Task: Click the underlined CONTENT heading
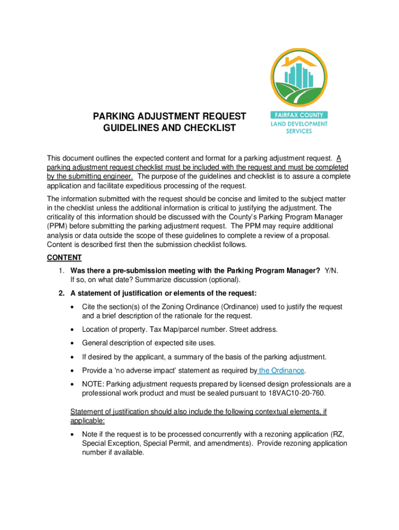64,257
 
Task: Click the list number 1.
61,271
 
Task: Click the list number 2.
61,294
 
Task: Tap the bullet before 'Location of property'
73,330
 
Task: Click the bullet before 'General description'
73,343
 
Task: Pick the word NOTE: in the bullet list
93,384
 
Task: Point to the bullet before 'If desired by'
73,357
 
